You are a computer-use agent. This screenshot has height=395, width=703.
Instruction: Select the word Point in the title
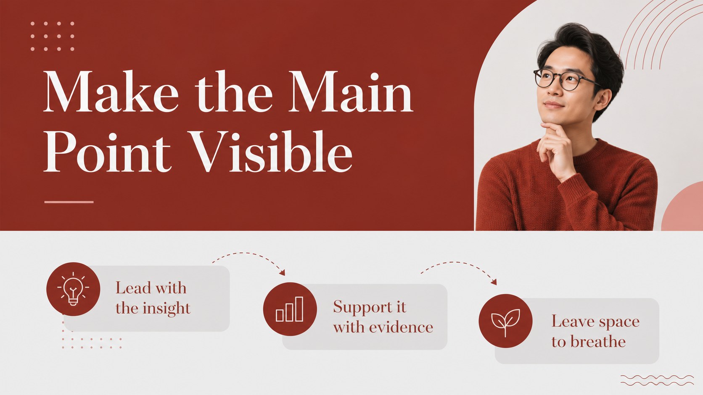click(107, 152)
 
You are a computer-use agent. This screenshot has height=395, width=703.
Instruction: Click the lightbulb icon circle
click(73, 289)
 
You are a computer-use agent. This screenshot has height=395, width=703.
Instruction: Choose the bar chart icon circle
click(290, 309)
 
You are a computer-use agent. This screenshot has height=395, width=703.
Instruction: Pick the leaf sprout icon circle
click(505, 321)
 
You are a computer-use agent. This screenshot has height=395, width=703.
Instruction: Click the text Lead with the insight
click(153, 298)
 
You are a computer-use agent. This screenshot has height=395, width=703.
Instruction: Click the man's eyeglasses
click(565, 80)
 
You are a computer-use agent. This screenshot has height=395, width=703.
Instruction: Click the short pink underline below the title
click(69, 202)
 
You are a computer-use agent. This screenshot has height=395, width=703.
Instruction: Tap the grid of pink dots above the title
click(53, 36)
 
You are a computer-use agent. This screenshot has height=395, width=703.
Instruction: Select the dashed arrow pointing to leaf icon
click(459, 269)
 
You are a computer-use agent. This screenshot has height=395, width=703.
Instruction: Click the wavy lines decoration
click(657, 380)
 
